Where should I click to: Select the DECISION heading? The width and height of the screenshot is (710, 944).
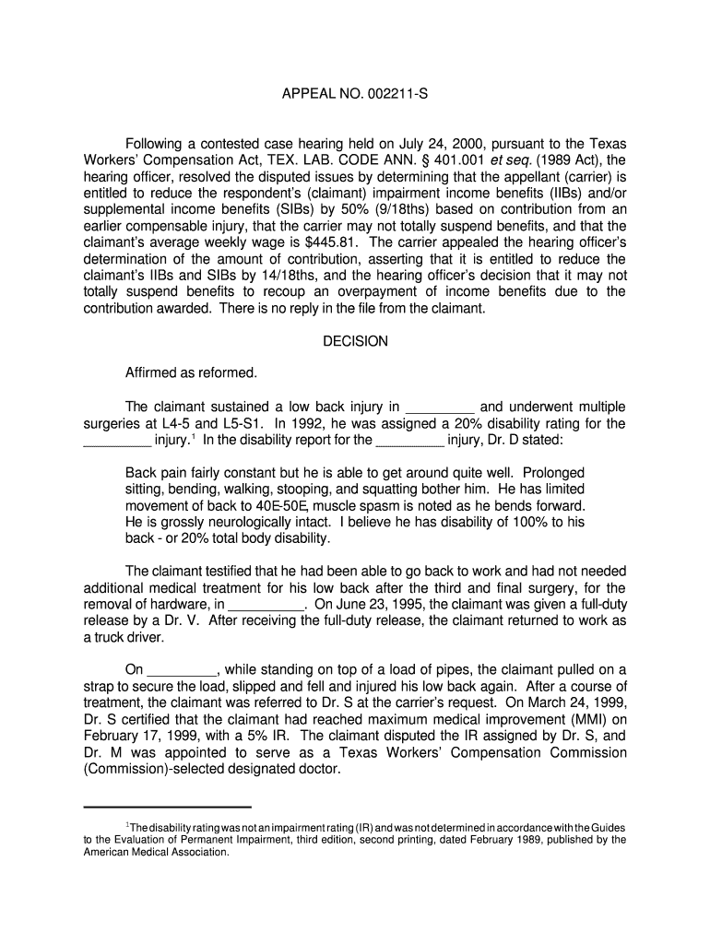[x=355, y=341]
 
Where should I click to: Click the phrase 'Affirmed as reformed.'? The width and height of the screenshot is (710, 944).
[x=191, y=373]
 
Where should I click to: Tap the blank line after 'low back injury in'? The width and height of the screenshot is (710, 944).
[x=440, y=407]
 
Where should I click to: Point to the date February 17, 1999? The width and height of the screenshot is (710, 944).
[x=139, y=737]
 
